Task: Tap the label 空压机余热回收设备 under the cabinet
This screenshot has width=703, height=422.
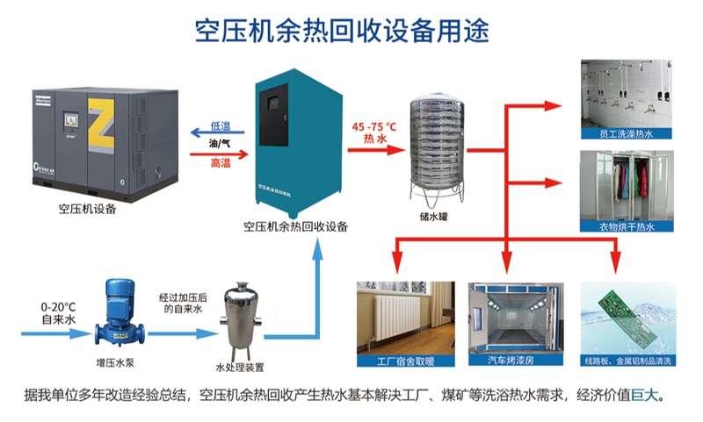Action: click(x=295, y=226)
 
